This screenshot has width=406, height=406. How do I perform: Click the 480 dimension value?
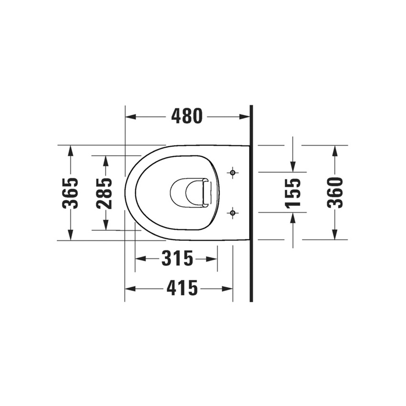187,116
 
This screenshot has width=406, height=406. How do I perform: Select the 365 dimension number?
71,192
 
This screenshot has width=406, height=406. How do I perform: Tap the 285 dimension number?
105,192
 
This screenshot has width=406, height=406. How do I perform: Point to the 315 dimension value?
177,258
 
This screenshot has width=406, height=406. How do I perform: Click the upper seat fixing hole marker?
233,172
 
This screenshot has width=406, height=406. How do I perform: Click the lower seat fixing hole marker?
233,212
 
